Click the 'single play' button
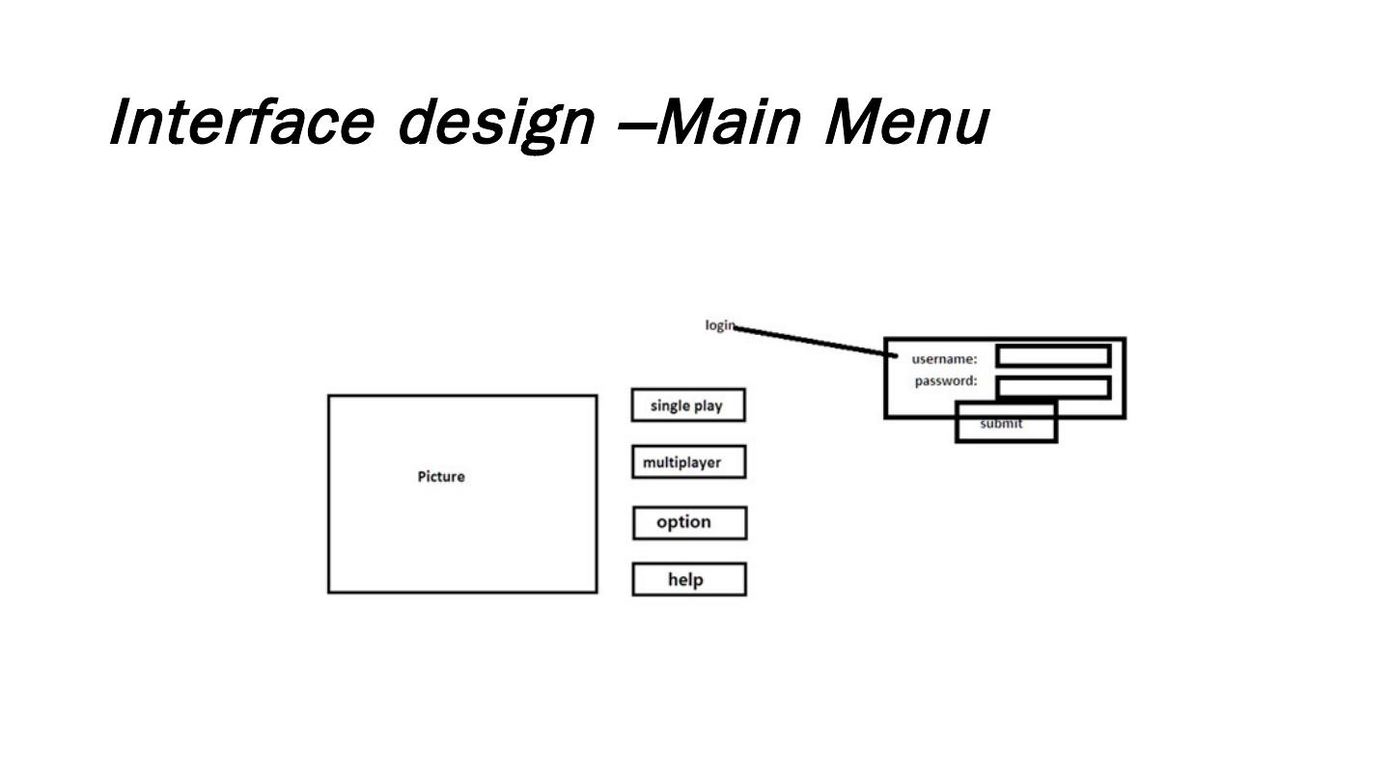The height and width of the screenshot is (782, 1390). (x=688, y=405)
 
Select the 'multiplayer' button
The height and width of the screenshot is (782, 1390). (x=688, y=462)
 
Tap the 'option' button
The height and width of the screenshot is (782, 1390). (x=689, y=522)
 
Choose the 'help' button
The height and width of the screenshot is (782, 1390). (x=689, y=579)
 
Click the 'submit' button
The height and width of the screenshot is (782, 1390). (x=1006, y=430)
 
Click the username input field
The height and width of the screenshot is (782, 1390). (x=1053, y=356)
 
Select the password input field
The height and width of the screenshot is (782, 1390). (x=1053, y=387)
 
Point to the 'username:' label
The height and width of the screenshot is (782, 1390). (x=944, y=359)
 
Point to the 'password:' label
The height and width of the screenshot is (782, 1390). (x=946, y=380)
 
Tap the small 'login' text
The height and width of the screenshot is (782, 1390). (x=719, y=325)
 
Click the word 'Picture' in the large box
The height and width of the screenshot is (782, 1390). (x=441, y=477)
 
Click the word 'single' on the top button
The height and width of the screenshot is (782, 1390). (x=669, y=405)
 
